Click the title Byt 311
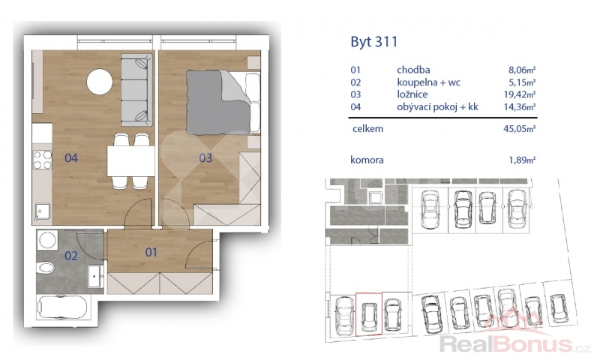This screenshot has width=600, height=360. click(373, 42)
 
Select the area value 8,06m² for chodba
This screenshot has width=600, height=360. click(522, 70)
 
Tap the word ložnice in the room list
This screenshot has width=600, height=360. click(412, 94)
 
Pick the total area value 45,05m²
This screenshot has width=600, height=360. click(519, 129)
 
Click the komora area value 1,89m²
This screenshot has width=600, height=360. click(522, 160)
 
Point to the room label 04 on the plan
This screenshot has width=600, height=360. click(71, 157)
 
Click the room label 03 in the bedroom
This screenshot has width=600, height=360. click(205, 157)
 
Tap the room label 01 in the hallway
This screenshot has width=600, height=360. click(151, 252)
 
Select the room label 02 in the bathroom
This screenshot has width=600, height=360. click(71, 256)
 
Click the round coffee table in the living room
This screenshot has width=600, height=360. click(100, 82)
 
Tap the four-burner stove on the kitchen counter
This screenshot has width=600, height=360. click(43, 160)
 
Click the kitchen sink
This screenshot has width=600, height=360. click(43, 212)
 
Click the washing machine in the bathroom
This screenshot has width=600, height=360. click(47, 240)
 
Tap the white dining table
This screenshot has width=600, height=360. click(130, 160)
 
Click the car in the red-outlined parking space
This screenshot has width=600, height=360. click(369, 316)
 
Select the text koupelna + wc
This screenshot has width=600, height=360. click(428, 82)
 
